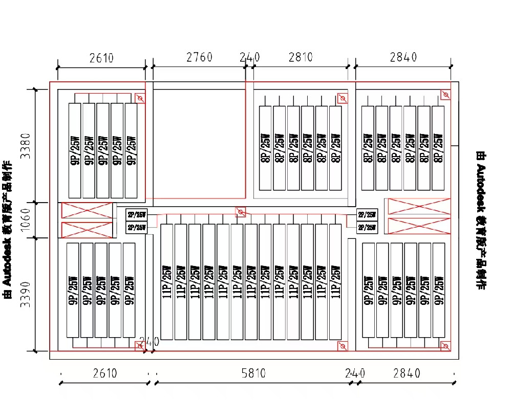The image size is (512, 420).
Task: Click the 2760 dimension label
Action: pos(199,57)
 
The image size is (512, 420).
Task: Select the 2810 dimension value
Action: pos(300,57)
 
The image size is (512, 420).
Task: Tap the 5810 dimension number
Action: pos(253,373)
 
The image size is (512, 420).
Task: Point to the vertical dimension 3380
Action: pos(26,145)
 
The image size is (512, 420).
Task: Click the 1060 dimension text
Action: pos(26,220)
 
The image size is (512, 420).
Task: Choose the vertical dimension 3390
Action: pos(26,294)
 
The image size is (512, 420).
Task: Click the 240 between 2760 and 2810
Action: pos(250,57)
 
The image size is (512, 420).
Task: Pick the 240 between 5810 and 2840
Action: pos(355,373)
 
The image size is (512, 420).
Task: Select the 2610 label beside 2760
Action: pos(101,57)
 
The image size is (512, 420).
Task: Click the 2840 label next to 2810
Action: pos(403,57)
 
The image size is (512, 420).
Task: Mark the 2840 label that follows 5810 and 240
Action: pos(407,373)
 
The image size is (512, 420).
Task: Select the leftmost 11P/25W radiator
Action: pos(167,282)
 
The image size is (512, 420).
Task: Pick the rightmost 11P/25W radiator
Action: pos(335,282)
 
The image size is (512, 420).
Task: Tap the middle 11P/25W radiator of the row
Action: pos(251,282)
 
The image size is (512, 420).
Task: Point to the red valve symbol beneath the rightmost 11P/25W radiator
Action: pos(342,346)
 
